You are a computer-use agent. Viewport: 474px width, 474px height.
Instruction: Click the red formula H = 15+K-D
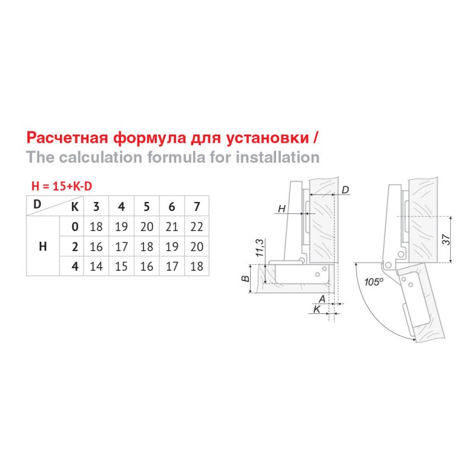(62, 186)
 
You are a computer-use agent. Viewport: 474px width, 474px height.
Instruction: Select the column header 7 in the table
(197, 207)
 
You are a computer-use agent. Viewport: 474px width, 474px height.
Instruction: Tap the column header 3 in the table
(96, 207)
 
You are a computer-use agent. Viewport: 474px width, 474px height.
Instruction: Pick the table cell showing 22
(197, 227)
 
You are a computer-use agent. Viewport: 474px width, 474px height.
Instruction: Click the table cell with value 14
(96, 267)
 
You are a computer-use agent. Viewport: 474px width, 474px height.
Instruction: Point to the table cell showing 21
(172, 227)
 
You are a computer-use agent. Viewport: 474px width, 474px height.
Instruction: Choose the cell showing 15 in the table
(121, 267)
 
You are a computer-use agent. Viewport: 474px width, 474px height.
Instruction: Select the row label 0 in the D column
(75, 227)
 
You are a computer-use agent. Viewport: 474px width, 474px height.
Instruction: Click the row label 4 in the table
(75, 267)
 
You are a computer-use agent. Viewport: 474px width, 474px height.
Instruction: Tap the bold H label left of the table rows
(43, 246)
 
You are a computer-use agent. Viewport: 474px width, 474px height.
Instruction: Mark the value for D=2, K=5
(146, 246)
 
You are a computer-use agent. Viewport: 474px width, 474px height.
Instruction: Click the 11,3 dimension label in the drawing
(260, 248)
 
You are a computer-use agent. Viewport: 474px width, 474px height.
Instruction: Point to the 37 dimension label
(447, 240)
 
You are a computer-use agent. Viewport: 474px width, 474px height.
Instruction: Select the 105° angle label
(374, 282)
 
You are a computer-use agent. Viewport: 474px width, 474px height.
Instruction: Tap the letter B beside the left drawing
(245, 278)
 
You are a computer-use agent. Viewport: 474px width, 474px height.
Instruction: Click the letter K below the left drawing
(317, 309)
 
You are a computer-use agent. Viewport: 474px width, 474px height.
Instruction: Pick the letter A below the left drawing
(322, 299)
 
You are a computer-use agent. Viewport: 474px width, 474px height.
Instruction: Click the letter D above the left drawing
(345, 190)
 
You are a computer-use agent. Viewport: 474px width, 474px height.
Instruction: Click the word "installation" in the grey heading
(278, 157)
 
